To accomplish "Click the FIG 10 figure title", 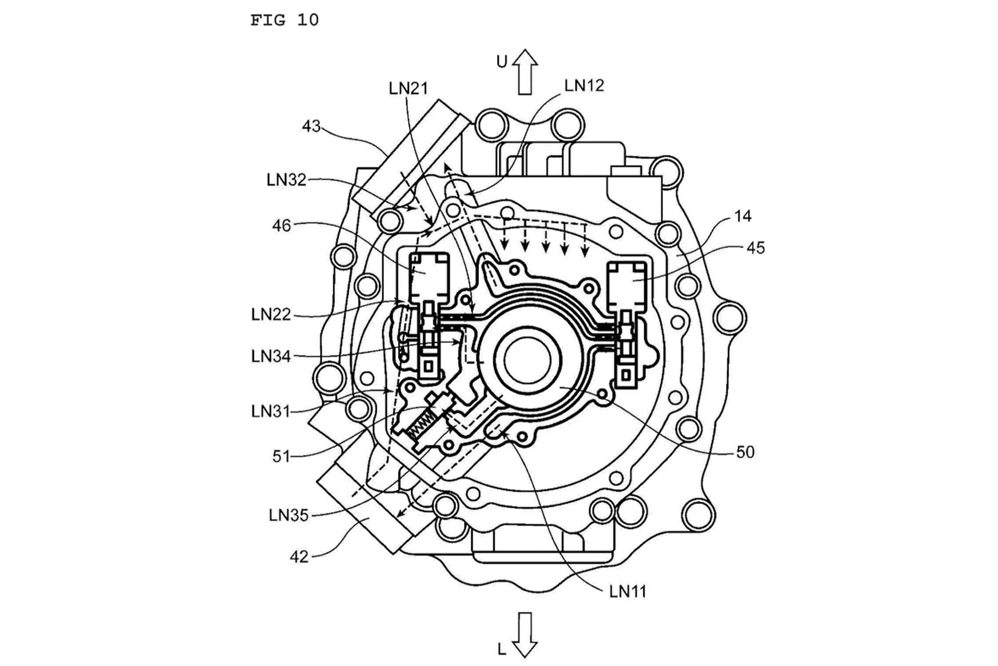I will coord(284,20).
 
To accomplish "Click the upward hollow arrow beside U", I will coord(525,72).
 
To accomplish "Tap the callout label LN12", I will coord(584,86).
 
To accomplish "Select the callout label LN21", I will coord(408,88).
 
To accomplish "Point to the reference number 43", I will coord(311,126).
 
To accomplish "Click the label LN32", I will coord(287,180).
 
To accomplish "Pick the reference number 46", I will coord(281,226).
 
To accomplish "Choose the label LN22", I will coord(271,314).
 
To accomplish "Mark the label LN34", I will coord(271,356).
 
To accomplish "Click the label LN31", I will coord(271,411).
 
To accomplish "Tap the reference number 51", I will coord(281,457).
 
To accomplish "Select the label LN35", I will coord(288,515).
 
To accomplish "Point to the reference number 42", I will coord(299,557).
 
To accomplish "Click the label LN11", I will coord(628,592).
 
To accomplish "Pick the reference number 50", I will coord(745,452).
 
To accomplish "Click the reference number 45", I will coord(755,248).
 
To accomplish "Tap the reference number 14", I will coord(743,216).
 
